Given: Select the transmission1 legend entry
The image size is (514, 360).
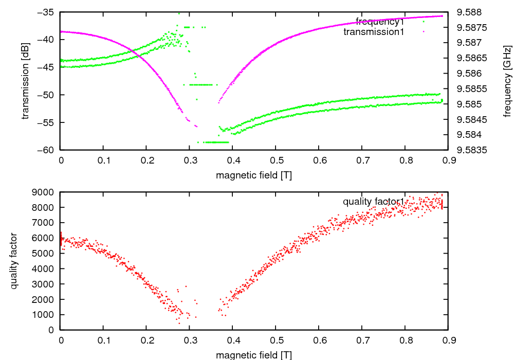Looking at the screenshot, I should coord(374,32).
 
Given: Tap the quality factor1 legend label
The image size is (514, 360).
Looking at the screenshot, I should coord(374,202).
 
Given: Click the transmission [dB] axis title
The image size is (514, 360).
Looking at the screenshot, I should coord(25,80).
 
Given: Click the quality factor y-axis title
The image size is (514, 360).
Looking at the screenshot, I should coord(14,261).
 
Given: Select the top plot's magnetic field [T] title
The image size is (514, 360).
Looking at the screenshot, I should coord(254,175).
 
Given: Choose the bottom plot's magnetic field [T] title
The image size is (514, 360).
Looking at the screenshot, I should coord(254,355).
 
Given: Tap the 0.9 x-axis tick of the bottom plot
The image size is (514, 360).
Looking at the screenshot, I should coord(448,340).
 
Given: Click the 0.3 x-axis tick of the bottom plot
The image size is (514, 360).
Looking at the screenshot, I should coord(190,340).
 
